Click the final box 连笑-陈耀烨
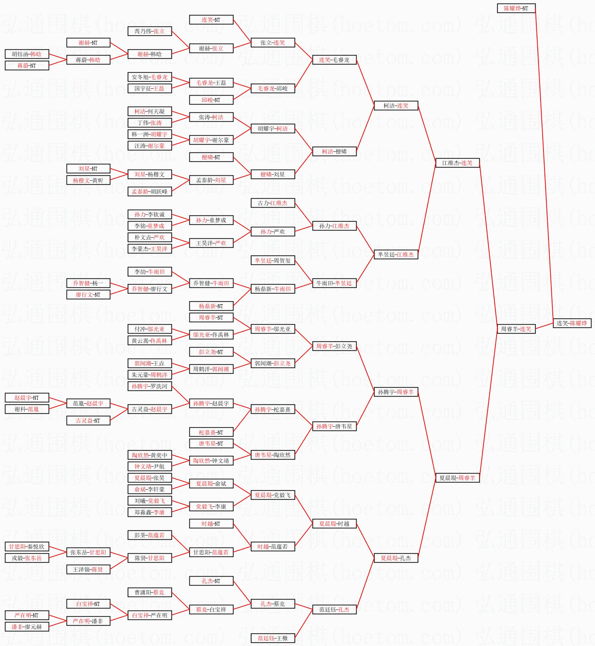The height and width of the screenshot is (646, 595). (572, 323)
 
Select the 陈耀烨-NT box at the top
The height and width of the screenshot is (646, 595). (516, 8)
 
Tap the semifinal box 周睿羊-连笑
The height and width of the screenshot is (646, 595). (516, 329)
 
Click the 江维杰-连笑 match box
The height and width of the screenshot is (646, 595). (457, 163)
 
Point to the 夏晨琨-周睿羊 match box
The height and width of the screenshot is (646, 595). (457, 478)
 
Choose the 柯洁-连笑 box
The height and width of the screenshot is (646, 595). (396, 106)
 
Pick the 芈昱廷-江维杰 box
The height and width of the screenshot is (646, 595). (396, 254)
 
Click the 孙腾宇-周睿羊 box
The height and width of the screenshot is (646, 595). (396, 392)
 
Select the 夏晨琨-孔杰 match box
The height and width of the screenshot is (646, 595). (396, 558)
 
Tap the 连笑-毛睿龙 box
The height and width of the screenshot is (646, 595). (334, 60)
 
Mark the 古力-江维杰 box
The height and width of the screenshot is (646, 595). (272, 203)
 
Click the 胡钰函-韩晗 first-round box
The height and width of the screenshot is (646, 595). (26, 54)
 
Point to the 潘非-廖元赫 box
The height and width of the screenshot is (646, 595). (26, 627)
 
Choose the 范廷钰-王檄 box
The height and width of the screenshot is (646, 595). (272, 638)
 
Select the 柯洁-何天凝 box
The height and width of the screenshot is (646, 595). (149, 111)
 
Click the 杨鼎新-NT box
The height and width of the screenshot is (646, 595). (211, 306)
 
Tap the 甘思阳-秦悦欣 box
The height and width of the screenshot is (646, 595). (26, 547)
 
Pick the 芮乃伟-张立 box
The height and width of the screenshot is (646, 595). (149, 31)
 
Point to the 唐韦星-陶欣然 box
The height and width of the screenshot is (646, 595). (272, 455)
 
